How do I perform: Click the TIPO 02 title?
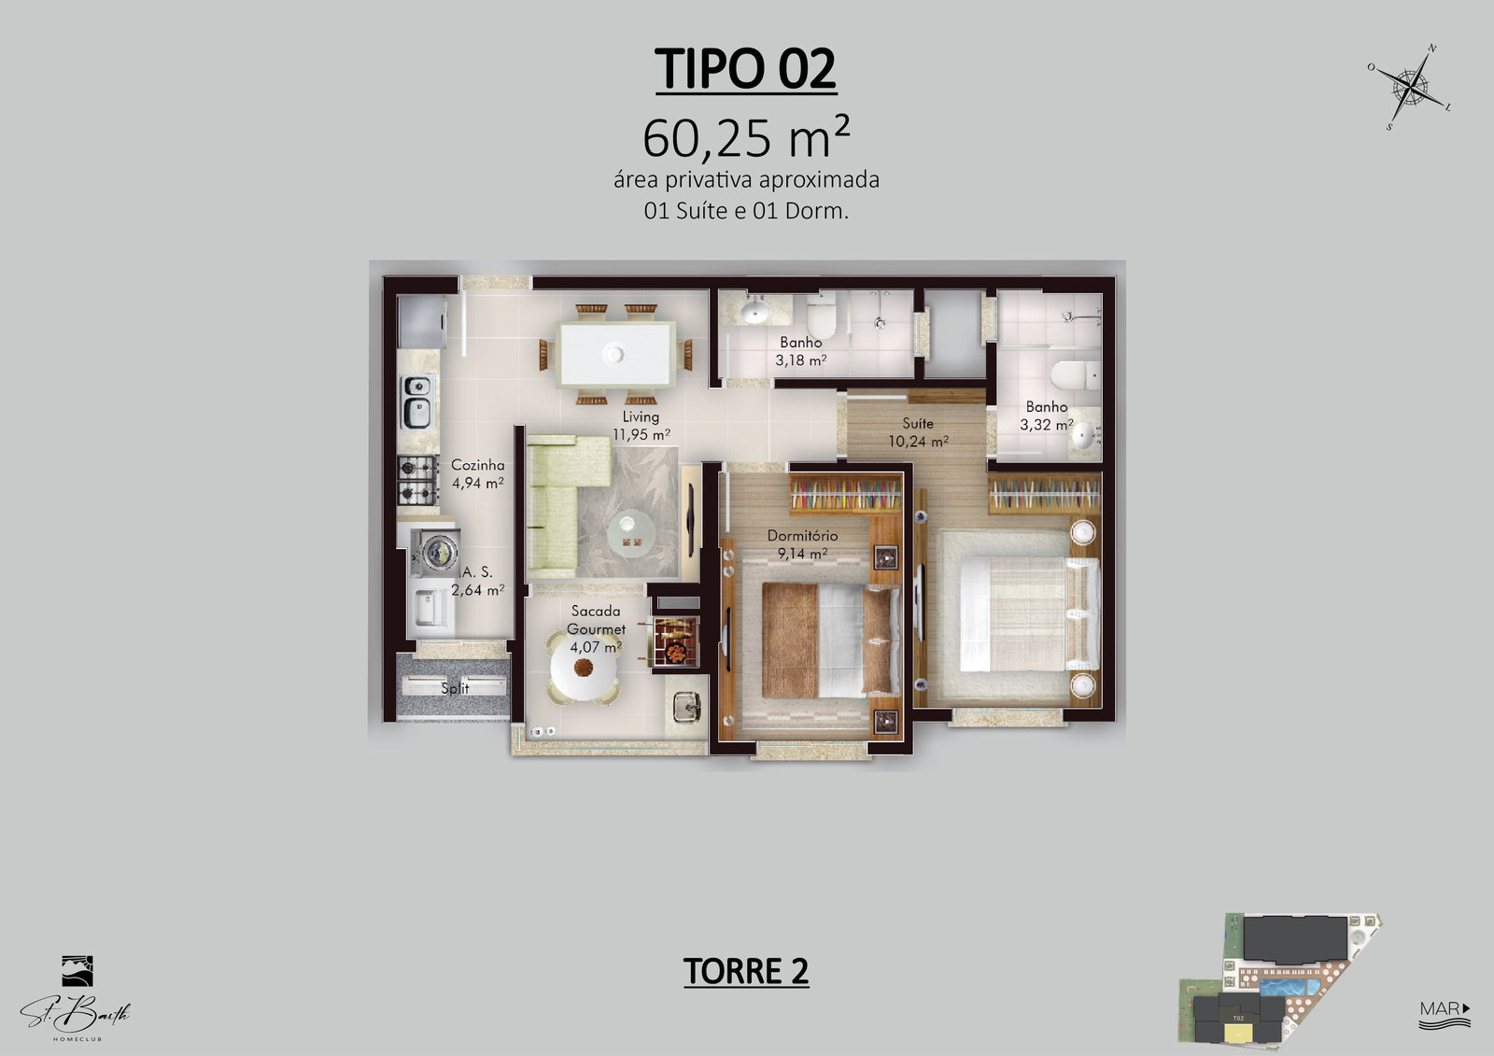[746, 68]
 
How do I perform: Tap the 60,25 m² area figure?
[746, 136]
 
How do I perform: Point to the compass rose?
[1410, 87]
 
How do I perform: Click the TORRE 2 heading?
[746, 971]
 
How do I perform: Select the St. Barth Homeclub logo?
[76, 998]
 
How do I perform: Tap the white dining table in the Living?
[615, 354]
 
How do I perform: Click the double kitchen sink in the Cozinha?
[417, 401]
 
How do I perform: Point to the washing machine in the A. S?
[435, 553]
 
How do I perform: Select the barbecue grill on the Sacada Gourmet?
[676, 641]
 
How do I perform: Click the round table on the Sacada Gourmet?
[584, 667]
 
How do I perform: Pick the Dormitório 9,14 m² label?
[802, 544]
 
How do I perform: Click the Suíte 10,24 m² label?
[918, 432]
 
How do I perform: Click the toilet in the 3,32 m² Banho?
[1075, 375]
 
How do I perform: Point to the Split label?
[455, 688]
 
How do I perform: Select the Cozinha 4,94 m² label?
[477, 473]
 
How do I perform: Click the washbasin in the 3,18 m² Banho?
[754, 311]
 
